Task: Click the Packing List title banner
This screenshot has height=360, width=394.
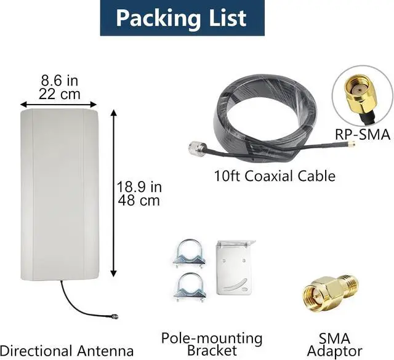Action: [x=182, y=18]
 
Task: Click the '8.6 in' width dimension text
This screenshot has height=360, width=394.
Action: [x=59, y=80]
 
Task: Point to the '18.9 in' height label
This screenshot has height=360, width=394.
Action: [x=140, y=186]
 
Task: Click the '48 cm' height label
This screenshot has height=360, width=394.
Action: [x=139, y=200]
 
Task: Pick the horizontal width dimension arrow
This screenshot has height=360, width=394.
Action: [x=59, y=105]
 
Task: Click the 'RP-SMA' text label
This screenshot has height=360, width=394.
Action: [x=363, y=134]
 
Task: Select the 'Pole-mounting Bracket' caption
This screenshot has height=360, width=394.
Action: [x=212, y=344]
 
